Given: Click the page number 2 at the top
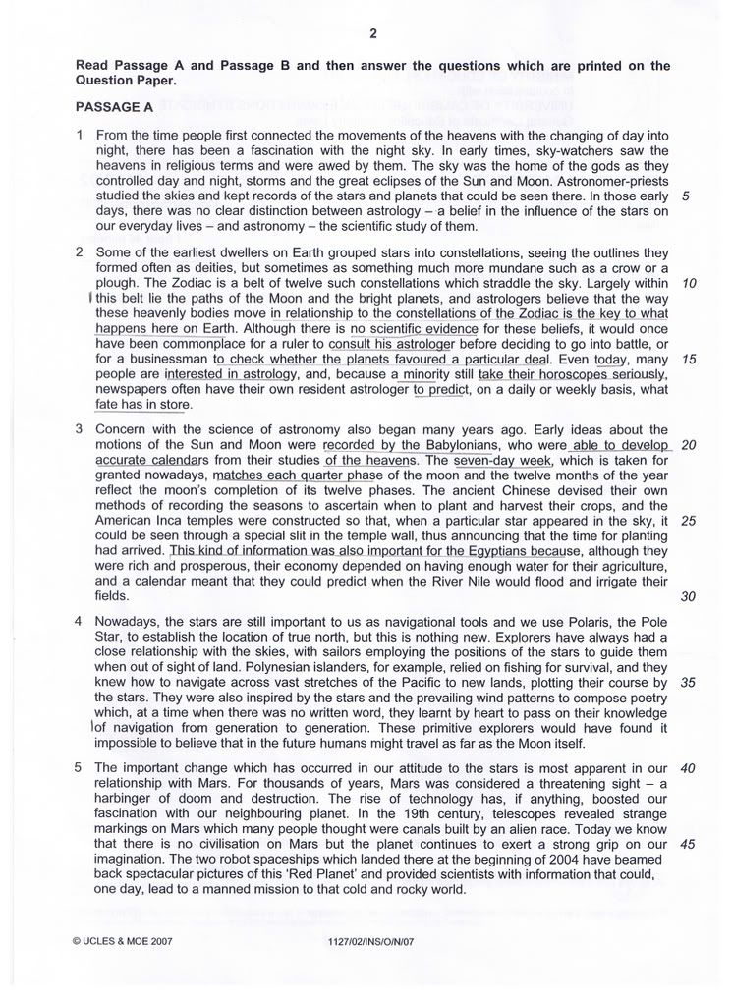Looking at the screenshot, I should [x=373, y=34].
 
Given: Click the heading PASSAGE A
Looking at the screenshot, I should [x=114, y=107].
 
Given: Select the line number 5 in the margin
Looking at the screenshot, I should [x=685, y=195].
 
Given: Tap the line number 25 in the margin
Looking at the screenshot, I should [x=688, y=520].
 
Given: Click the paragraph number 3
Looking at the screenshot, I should [x=80, y=429].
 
